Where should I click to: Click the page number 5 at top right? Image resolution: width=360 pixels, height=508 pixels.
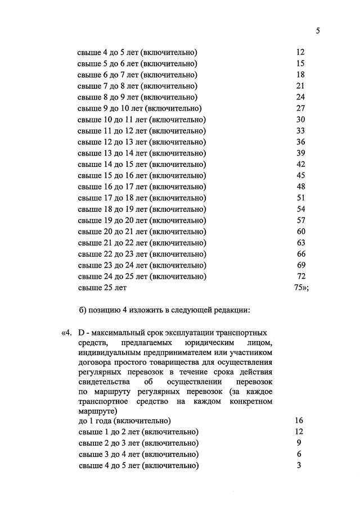coord(318,31)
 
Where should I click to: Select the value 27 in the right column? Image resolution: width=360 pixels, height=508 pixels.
coord(300,108)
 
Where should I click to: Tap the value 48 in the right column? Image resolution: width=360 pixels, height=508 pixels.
coord(300,187)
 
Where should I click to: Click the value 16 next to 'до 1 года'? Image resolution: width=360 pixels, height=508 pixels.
coord(299,420)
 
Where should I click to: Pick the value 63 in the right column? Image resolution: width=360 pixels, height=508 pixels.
coord(301,243)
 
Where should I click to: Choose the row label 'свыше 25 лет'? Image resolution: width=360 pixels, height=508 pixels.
coord(102,288)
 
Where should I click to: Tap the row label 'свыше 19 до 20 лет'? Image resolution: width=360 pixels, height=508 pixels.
coord(141,220)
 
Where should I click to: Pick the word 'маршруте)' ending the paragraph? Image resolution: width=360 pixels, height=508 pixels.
coord(94,411)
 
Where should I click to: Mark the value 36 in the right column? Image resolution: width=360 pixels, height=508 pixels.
coord(300,142)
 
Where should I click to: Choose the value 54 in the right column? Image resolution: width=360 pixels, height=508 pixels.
coord(300,209)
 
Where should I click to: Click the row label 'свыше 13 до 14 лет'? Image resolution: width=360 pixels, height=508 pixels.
coord(141,153)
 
